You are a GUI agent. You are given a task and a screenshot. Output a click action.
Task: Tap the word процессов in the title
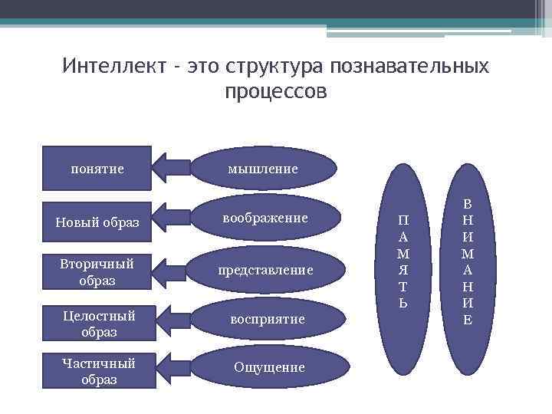[276, 91]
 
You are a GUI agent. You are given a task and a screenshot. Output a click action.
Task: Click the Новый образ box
[97, 222]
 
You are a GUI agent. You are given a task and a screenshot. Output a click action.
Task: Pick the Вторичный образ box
[97, 272]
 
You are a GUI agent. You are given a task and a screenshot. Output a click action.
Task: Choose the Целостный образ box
[97, 324]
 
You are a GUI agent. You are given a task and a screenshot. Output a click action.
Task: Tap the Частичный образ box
[97, 371]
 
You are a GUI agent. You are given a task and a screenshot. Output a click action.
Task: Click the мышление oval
[262, 168]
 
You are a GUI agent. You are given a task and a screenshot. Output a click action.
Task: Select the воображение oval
[265, 219]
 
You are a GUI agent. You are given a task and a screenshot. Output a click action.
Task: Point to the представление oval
[265, 270]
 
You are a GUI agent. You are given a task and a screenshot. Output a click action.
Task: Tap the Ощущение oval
[268, 367]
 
